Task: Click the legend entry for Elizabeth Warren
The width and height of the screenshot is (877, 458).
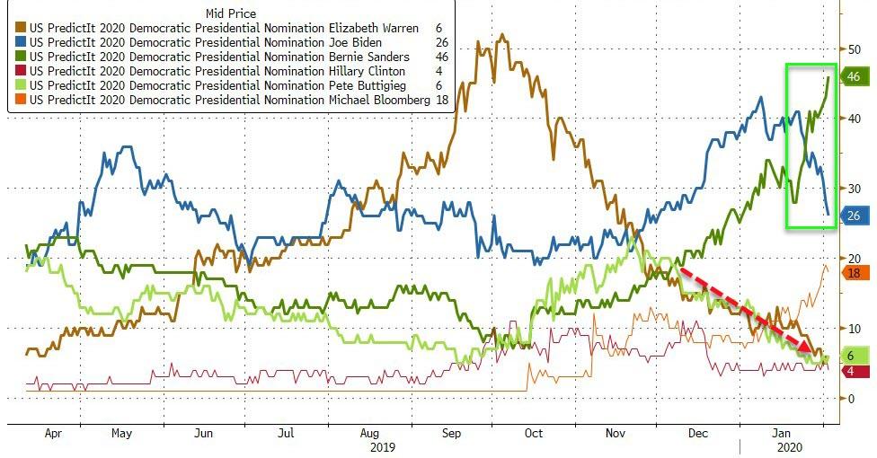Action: (225, 28)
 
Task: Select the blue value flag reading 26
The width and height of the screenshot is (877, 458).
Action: (854, 215)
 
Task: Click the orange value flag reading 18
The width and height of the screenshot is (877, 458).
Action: (854, 272)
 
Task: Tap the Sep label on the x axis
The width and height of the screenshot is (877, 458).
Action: (452, 433)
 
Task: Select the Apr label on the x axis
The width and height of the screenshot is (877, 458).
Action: (53, 433)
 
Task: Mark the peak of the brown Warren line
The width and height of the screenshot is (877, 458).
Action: (501, 36)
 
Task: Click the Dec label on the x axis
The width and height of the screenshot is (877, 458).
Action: (697, 433)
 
